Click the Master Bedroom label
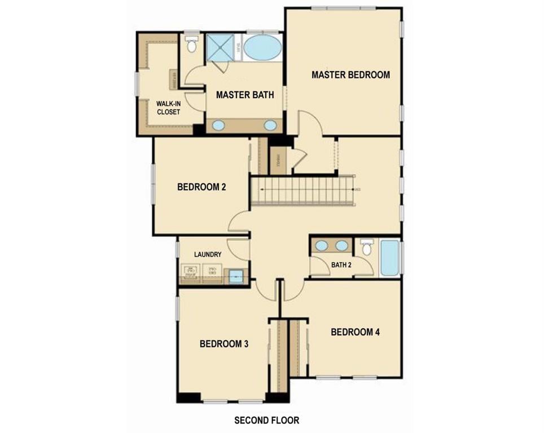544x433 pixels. point(350,74)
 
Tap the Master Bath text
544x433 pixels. point(245,95)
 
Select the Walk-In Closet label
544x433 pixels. point(168,108)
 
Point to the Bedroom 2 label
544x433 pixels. point(201,187)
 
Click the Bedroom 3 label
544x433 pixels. point(224,344)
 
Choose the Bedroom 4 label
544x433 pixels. point(355,332)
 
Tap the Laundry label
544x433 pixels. point(208,255)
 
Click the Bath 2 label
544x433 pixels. point(341,265)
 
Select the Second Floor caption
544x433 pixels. point(267,420)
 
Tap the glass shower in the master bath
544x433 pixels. point(220,47)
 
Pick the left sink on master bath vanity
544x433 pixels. point(218,125)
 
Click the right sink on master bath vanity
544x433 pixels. point(271,125)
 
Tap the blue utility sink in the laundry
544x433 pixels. point(236,276)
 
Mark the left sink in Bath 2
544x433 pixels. point(322,245)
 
